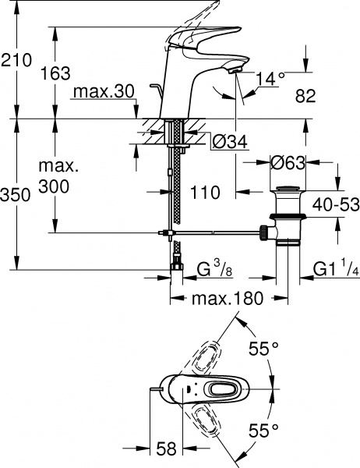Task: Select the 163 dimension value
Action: click(54, 75)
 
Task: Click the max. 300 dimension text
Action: click(57, 177)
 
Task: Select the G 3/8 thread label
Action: click(211, 271)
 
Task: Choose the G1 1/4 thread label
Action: click(334, 271)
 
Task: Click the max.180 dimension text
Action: click(229, 298)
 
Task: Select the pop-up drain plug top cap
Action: click(288, 189)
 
